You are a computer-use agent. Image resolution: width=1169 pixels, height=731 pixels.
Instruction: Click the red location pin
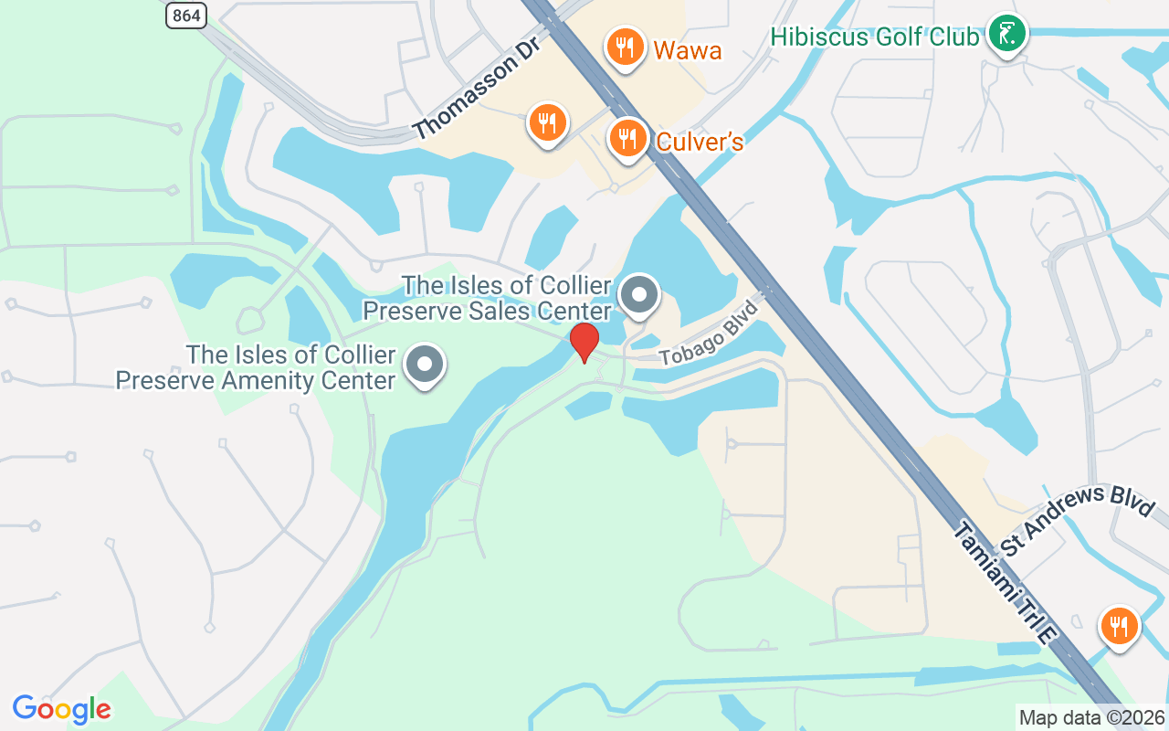pos(584,342)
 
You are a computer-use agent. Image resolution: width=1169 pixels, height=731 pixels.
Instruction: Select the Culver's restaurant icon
pos(627,139)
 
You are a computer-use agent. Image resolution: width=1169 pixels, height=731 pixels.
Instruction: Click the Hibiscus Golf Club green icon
pos(1007,35)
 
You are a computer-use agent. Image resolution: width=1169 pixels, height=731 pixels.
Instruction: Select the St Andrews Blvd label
pos(1078,518)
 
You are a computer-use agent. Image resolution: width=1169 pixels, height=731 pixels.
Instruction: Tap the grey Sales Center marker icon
pos(639,295)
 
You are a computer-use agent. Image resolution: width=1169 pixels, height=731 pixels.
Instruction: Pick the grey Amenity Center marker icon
pos(424,365)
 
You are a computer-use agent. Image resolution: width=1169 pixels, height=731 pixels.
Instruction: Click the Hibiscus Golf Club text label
pos(874,37)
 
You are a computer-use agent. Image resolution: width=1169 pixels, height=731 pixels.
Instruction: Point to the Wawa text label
pos(687,49)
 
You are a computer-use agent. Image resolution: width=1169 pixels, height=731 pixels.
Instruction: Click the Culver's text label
pos(700,143)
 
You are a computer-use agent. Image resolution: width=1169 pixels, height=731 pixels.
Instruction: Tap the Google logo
pos(61,709)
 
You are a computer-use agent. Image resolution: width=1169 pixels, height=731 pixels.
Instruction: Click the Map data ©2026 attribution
pos(1091,718)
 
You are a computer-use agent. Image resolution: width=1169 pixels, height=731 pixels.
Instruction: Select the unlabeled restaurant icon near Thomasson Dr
pos(547,121)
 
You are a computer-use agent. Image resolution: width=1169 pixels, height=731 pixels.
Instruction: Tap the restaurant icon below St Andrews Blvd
pos(1118,626)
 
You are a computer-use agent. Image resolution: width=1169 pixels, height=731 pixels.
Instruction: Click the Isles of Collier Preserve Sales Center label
pos(487,299)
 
